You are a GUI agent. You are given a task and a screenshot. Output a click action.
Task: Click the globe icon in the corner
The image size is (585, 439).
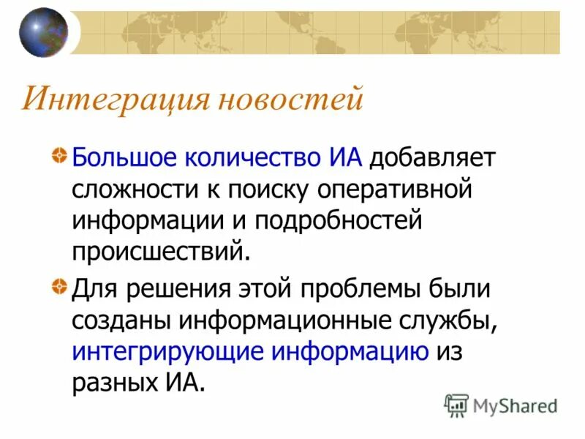coord(43,32)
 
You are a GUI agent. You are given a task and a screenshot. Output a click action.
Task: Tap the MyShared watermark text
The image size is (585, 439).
coord(515,405)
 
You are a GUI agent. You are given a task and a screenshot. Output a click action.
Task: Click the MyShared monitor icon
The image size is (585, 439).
coord(457,405)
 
